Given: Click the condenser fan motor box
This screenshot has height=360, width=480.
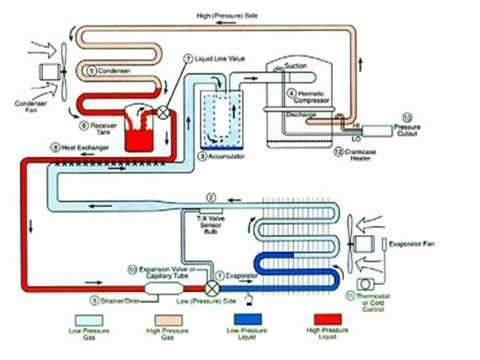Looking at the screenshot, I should (x=46, y=72).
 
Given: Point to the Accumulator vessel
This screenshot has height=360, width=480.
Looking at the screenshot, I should (x=220, y=120).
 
